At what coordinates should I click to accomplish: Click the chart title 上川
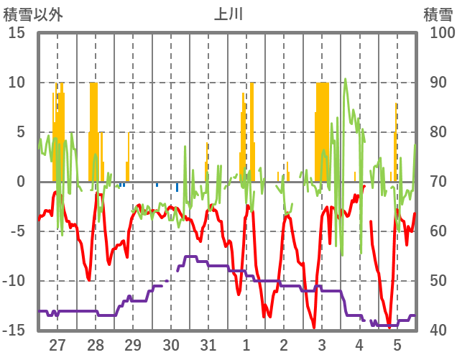pos(228,14)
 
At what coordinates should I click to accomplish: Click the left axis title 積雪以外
pos(34,14)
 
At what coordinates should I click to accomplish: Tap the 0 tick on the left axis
pos(21,182)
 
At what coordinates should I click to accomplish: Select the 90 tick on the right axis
pos(438,83)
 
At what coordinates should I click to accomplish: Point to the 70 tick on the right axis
pos(438,182)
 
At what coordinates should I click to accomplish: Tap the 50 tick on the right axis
pos(438,281)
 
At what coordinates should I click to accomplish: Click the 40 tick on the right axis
pos(438,331)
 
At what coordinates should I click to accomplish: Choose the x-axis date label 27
pos(57,345)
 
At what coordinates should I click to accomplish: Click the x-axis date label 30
pos(170,345)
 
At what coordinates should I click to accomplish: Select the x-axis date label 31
pos(208,345)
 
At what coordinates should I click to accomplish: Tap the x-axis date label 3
pos(322,345)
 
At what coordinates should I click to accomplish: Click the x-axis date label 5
pos(397,345)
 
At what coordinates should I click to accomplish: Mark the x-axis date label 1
pos(246,345)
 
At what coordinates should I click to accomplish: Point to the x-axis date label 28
pos(95,345)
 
